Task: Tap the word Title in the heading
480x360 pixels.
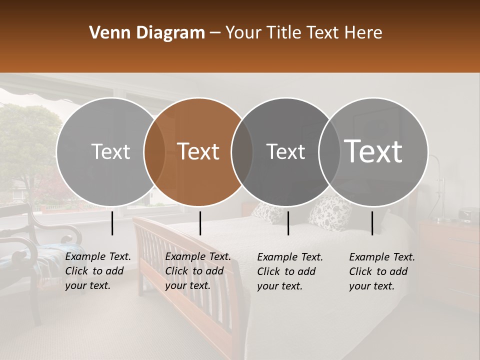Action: click(x=284, y=33)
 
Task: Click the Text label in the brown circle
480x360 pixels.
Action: click(x=198, y=151)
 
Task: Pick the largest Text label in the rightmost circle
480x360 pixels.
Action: click(x=373, y=151)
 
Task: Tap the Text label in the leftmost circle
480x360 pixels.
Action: click(x=110, y=151)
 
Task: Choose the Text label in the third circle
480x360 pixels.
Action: click(x=285, y=151)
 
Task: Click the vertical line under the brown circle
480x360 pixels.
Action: click(x=200, y=223)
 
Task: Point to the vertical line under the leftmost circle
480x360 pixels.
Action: click(x=112, y=223)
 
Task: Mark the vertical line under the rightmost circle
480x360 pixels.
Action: click(x=372, y=223)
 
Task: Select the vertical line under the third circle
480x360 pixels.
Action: click(x=288, y=223)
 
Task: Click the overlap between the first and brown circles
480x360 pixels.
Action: click(x=154, y=151)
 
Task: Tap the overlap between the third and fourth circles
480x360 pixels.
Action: click(x=329, y=151)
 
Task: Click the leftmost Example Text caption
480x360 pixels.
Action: click(x=98, y=271)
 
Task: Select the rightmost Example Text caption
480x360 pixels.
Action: click(x=382, y=271)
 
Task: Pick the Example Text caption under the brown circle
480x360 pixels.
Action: click(x=198, y=271)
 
